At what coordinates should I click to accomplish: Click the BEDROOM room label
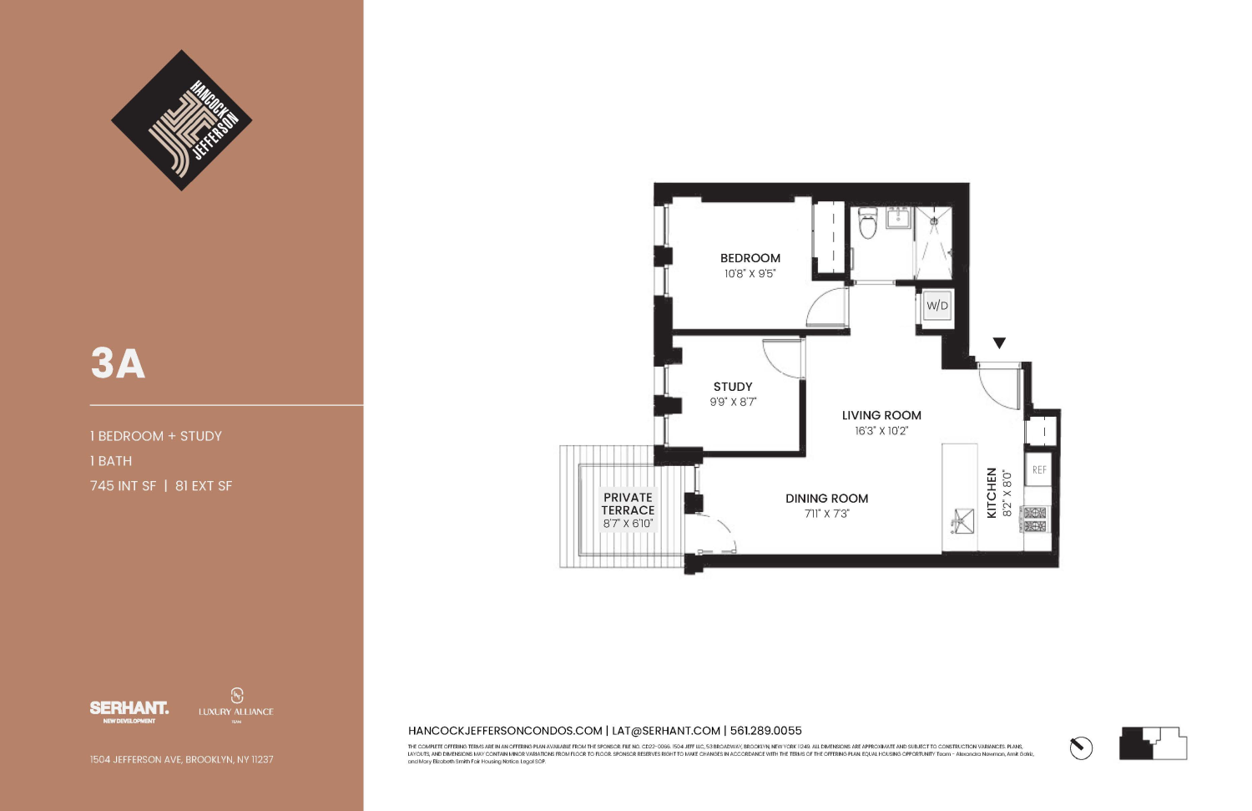coord(750,258)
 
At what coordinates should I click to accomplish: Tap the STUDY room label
coord(733,387)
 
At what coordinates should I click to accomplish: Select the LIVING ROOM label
coord(881,415)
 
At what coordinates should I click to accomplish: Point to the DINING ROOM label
coord(826,499)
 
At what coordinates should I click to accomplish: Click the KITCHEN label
coord(992,493)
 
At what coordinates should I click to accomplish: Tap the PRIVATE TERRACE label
coord(628,504)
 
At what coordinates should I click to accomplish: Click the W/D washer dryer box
coord(936,306)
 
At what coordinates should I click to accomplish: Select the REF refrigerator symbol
coord(1039,470)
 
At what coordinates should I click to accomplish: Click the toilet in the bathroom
coord(868,224)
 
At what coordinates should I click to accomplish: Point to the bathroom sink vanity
coord(898,219)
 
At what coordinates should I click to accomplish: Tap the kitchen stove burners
coord(1036,520)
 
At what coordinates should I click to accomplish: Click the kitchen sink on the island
coord(962,521)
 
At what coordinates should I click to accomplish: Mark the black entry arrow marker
coord(999,343)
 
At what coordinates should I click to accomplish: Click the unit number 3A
coord(118,363)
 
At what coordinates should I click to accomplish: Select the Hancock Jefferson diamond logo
coord(181,120)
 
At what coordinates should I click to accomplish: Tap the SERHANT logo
coord(129,710)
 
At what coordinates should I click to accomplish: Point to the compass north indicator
coord(1081,748)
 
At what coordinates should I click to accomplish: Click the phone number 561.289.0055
coord(765,731)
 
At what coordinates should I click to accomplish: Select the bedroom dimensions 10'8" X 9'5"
coord(750,274)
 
